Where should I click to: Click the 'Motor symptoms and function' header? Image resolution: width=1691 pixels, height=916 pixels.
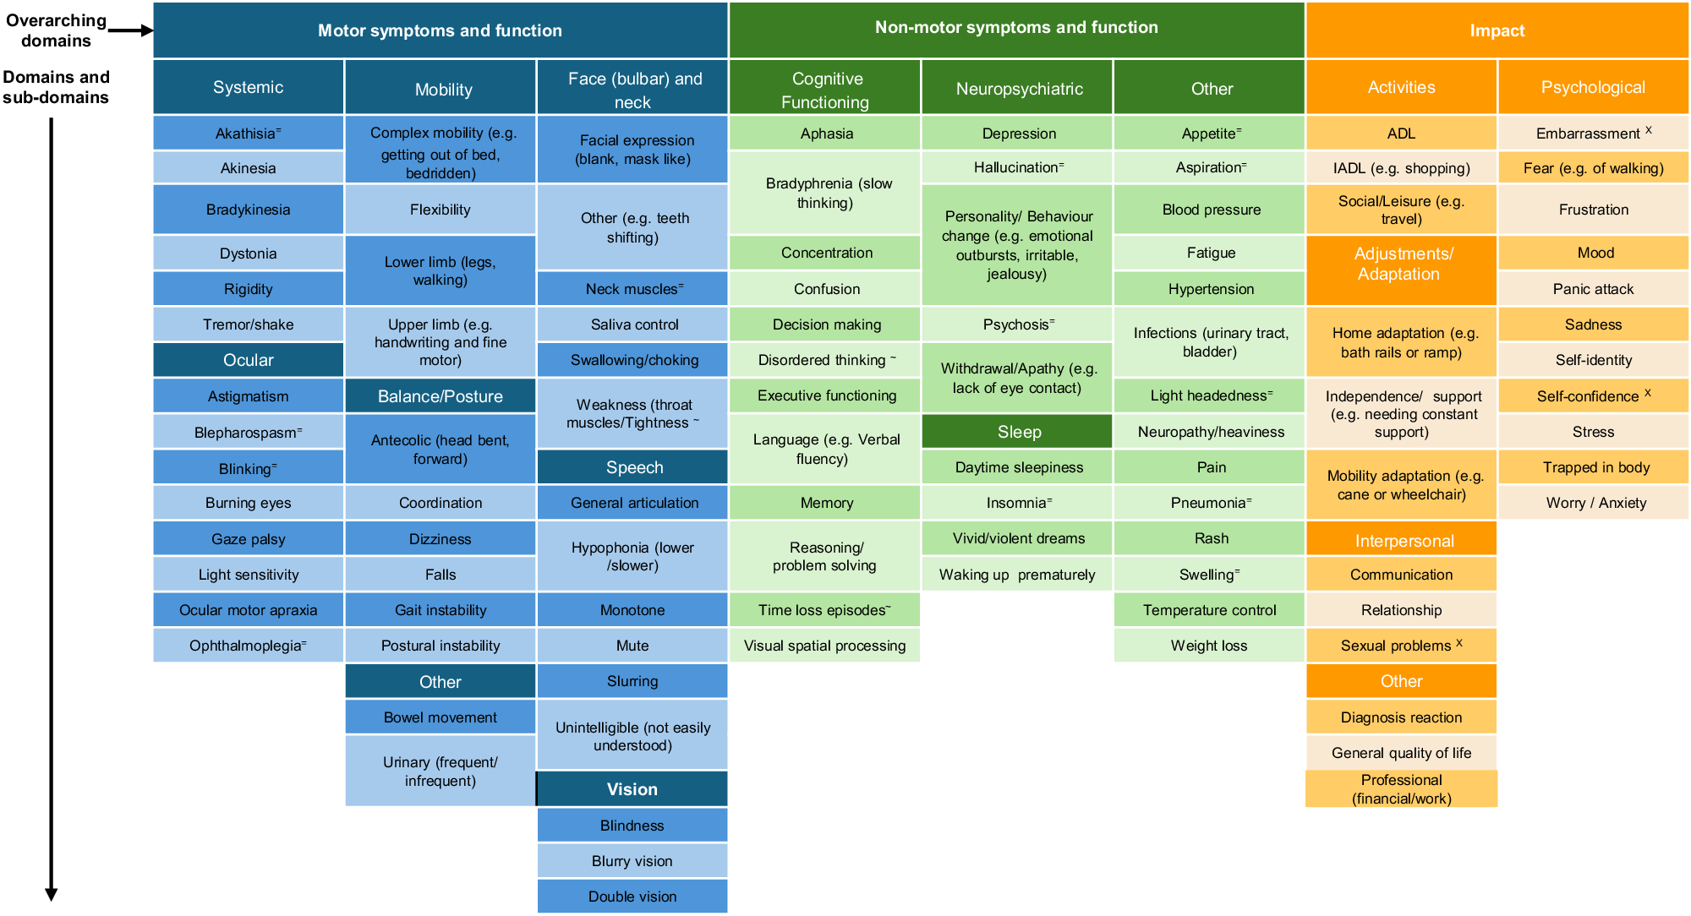(x=440, y=30)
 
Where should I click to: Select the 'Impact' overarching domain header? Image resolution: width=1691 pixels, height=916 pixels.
(x=1497, y=30)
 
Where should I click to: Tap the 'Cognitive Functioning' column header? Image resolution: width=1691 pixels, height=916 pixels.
(x=825, y=89)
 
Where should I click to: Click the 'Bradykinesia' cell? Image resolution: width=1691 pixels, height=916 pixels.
(x=248, y=210)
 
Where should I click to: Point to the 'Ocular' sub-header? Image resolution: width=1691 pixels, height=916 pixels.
(x=248, y=360)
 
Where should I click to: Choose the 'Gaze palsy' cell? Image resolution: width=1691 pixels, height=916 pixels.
(x=248, y=539)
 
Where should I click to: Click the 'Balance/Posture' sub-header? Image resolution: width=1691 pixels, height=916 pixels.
(x=440, y=396)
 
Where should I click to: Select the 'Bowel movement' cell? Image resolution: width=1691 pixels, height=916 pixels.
(x=440, y=717)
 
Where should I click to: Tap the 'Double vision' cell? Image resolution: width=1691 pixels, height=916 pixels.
(x=632, y=897)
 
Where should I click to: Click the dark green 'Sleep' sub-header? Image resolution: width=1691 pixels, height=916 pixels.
(x=1019, y=432)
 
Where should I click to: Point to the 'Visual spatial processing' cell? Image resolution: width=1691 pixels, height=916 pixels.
(x=824, y=646)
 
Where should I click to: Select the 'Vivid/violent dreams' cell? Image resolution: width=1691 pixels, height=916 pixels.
(x=1019, y=538)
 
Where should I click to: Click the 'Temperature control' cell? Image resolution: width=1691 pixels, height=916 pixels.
(x=1209, y=610)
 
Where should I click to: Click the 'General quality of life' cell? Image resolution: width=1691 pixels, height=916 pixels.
(x=1401, y=753)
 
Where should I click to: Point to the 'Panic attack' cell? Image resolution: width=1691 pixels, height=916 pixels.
(x=1593, y=289)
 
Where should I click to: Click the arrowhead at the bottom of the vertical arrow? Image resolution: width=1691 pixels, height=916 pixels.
(x=52, y=894)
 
